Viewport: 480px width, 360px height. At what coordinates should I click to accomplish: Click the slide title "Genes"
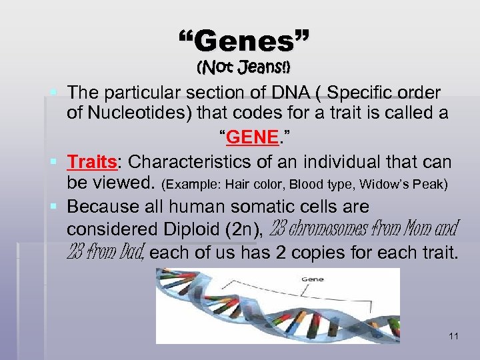pyautogui.click(x=244, y=41)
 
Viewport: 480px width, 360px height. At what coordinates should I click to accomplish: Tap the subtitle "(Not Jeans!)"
pyautogui.click(x=244, y=68)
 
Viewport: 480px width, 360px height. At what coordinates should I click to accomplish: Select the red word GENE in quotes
pyautogui.click(x=251, y=137)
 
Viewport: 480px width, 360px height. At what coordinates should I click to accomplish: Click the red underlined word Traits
pyautogui.click(x=92, y=162)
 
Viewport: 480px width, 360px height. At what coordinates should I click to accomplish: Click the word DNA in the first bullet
pyautogui.click(x=267, y=91)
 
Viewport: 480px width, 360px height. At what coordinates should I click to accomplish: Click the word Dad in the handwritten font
pyautogui.click(x=131, y=253)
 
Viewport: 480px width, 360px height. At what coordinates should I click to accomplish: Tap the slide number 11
pyautogui.click(x=453, y=337)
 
